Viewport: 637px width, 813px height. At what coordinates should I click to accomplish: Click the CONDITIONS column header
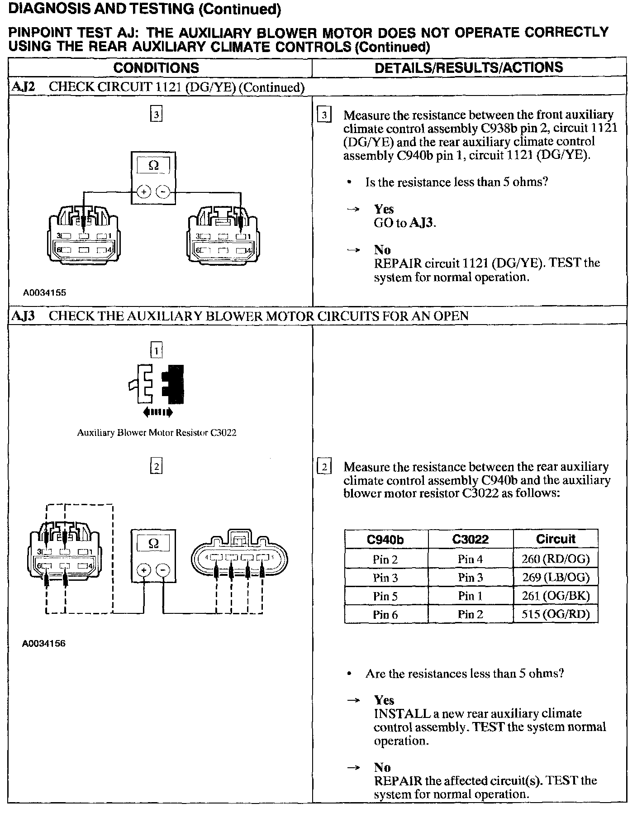[156, 68]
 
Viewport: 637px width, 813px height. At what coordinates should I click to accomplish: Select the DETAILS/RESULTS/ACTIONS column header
[469, 67]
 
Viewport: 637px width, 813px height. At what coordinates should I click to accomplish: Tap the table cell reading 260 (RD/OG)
[556, 559]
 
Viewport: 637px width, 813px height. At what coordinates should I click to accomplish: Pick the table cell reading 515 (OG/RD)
[556, 614]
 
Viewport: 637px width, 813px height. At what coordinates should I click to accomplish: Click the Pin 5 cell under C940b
[385, 596]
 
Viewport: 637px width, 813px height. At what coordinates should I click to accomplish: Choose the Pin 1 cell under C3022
[470, 596]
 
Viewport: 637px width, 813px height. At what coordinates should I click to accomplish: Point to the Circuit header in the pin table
[556, 539]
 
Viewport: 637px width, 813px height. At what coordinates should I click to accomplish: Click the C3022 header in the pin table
[470, 539]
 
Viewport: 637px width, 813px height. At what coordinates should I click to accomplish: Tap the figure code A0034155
[45, 292]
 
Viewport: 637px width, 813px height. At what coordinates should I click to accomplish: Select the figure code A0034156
[44, 643]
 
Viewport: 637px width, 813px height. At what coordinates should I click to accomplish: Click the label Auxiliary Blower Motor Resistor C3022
[157, 432]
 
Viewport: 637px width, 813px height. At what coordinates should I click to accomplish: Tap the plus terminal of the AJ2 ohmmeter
[144, 192]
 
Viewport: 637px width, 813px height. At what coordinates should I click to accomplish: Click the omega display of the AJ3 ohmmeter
[154, 543]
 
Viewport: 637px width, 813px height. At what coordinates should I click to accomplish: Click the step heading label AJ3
[23, 316]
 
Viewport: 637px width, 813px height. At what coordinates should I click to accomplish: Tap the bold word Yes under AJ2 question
[384, 209]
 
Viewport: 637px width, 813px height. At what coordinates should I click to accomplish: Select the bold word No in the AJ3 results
[382, 767]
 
